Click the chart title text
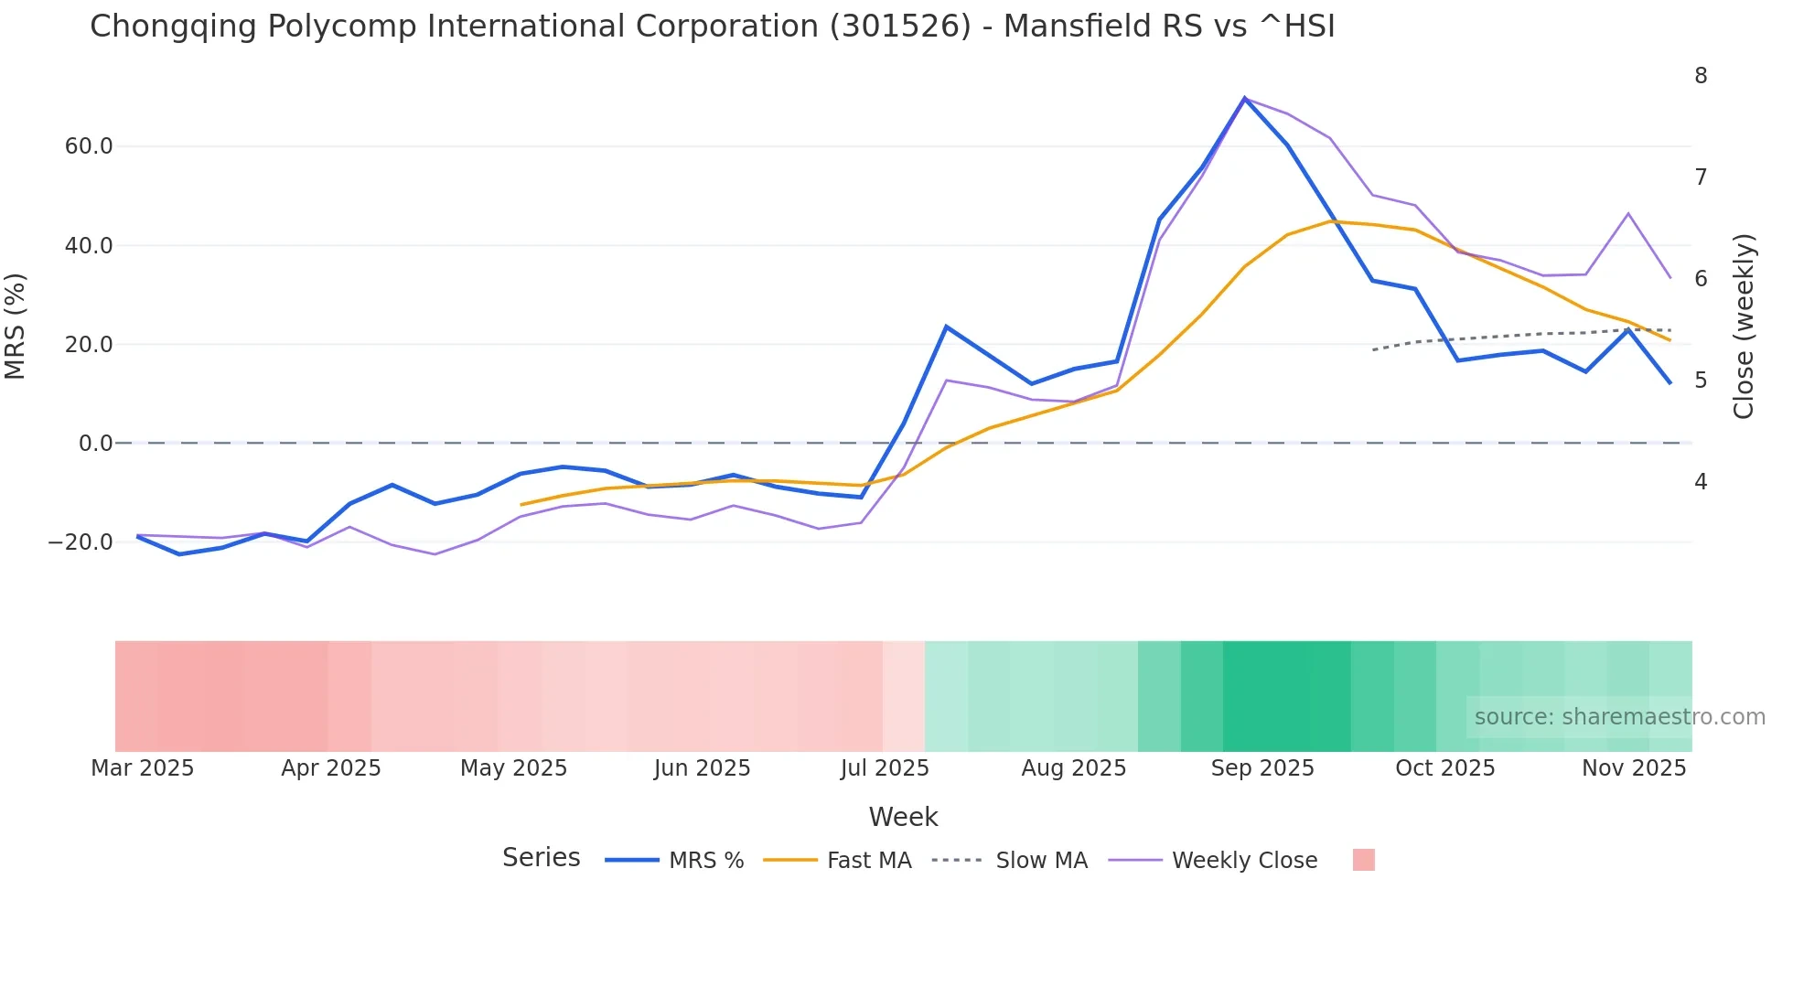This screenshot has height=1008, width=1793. tap(712, 27)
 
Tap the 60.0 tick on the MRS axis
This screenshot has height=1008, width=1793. tap(89, 146)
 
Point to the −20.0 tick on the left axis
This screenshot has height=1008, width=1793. tap(81, 542)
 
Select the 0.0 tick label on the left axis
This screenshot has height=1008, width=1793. tap(95, 444)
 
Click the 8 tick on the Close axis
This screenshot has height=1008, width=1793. tap(1701, 76)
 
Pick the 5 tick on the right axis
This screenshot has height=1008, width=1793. tap(1701, 380)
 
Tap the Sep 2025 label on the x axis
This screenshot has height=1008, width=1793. tap(1262, 768)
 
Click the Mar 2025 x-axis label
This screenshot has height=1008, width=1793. tap(143, 768)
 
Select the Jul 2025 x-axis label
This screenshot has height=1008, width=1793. tap(885, 768)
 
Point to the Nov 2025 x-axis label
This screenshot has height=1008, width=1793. tap(1634, 768)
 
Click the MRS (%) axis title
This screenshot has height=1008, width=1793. tap(16, 326)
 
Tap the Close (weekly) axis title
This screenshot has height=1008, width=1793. tap(1744, 326)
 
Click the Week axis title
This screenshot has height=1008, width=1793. tap(903, 817)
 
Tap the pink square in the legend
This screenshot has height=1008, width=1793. tap(1363, 860)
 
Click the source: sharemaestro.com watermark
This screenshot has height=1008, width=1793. tap(1619, 717)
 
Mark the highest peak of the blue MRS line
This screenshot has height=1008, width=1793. tap(1244, 98)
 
